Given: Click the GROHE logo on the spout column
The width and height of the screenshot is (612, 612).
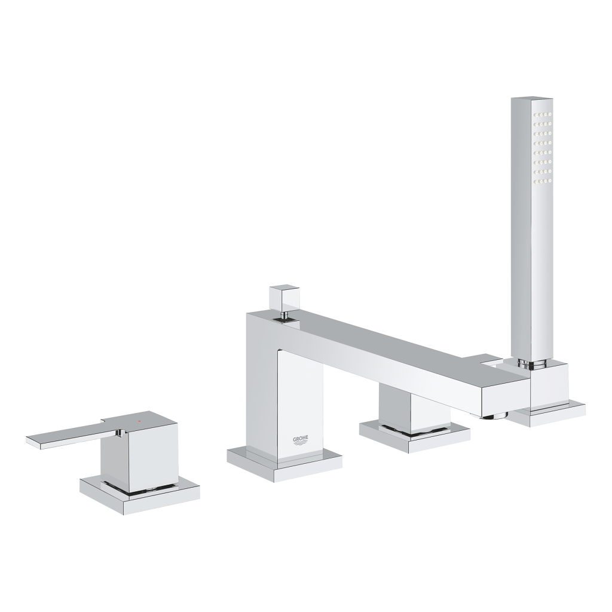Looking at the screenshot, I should pyautogui.click(x=301, y=441).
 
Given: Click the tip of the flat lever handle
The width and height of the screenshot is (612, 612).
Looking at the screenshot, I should pyautogui.click(x=33, y=440).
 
